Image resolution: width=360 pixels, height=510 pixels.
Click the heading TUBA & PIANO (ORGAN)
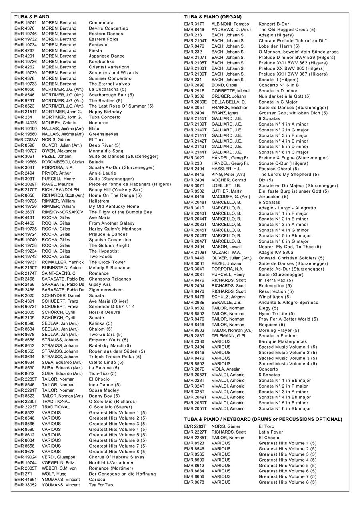pyautogui.click(x=213, y=17)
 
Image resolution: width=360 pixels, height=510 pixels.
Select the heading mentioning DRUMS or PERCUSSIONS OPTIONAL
pyautogui.click(x=263, y=419)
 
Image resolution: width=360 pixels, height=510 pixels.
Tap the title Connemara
pyautogui.click(x=101, y=23)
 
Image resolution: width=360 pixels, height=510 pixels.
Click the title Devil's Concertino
pyautogui.click(x=108, y=28)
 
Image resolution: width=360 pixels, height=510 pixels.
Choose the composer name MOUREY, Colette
pyautogui.click(x=59, y=123)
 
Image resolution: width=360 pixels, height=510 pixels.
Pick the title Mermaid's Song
pyautogui.click(x=106, y=151)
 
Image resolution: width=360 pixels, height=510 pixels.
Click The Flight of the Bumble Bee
pyautogui.click(x=120, y=212)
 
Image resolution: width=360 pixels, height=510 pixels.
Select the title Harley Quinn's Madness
pyautogui.click(x=115, y=229)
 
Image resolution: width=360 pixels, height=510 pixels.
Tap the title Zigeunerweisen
pyautogui.click(x=106, y=290)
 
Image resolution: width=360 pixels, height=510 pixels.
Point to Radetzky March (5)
pyautogui.click(x=110, y=346)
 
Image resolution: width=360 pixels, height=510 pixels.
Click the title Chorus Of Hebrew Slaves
pyautogui.click(x=117, y=457)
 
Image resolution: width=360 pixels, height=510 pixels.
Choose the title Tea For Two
pyautogui.click(x=101, y=485)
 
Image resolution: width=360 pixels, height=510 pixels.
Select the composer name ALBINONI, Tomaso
pyautogui.click(x=230, y=24)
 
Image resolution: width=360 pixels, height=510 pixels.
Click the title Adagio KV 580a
pyautogui.click(x=276, y=253)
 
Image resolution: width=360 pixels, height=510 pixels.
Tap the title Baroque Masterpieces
pyautogui.click(x=283, y=342)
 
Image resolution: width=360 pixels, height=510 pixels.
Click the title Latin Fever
pyautogui.click(x=270, y=432)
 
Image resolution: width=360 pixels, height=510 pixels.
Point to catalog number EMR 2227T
pyautogui.click(x=196, y=432)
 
